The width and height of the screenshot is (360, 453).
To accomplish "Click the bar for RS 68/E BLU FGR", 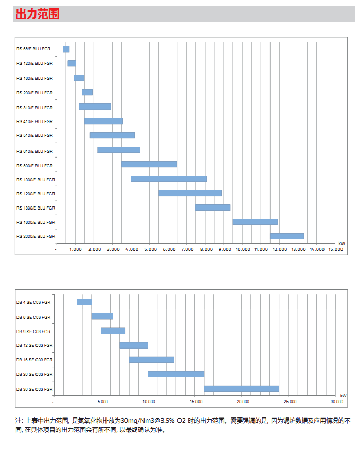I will click(66, 49).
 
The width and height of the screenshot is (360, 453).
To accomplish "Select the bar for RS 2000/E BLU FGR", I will click(287, 236).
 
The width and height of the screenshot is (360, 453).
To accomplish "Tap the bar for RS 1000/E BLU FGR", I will click(169, 179).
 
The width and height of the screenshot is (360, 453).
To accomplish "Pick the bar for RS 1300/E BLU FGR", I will click(213, 207).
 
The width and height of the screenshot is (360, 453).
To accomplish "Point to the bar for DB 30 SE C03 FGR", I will click(241, 389).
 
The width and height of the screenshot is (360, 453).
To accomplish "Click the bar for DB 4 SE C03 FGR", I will click(84, 302).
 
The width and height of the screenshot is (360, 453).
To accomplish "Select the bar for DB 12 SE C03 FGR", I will click(134, 345).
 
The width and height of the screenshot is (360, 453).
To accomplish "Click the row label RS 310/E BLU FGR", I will click(34, 107).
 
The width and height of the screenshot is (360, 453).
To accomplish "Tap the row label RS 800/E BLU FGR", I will click(34, 166).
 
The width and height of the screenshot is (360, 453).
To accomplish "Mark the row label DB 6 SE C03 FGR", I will click(33, 317).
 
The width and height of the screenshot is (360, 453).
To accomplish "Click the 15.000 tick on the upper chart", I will click(335, 249).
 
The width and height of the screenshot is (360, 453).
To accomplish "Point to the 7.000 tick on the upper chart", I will click(188, 249).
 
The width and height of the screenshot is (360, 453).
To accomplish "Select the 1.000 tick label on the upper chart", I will click(75, 249).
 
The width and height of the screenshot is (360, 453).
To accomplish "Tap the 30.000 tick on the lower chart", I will click(336, 401).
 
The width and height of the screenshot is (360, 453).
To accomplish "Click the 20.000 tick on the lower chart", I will click(242, 401).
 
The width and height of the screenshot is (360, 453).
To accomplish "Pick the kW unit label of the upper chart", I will click(341, 243).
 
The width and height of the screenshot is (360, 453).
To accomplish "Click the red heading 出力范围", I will click(38, 14).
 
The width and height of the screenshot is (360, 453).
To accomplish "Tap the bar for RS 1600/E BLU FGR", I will click(255, 222).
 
